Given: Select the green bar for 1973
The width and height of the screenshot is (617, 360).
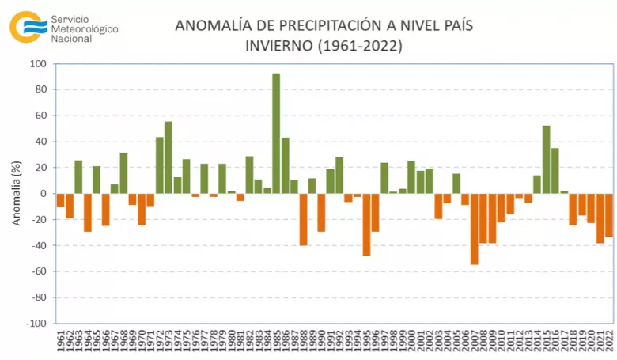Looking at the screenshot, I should pos(168,157).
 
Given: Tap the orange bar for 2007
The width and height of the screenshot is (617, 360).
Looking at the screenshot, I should pos(475,229).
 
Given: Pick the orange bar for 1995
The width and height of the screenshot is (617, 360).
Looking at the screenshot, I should pos(366,225).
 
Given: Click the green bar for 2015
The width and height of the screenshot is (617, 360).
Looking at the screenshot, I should pos(547,159).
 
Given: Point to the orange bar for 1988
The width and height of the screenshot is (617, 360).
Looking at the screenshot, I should pos(303,219).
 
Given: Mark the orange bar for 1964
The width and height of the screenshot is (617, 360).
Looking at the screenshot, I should pos(88,212).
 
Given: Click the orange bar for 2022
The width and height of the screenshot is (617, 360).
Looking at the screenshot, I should pos(609,214).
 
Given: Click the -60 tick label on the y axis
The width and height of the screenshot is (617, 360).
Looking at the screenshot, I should pos(38,271).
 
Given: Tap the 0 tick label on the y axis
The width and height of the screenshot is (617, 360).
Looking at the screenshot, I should pos(44,194).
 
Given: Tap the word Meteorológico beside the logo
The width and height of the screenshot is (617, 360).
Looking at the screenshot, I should pos(84,28).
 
